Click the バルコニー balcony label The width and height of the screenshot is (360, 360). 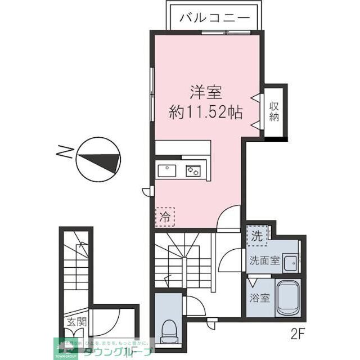[214, 17]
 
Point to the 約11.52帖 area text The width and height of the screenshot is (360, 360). [206, 112]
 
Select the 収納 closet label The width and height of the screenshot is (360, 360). [274, 111]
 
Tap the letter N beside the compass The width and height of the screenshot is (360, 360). [66, 152]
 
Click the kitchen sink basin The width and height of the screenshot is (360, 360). [168, 170]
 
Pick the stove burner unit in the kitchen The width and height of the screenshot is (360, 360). [194, 170]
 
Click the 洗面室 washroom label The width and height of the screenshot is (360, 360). [264, 262]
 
